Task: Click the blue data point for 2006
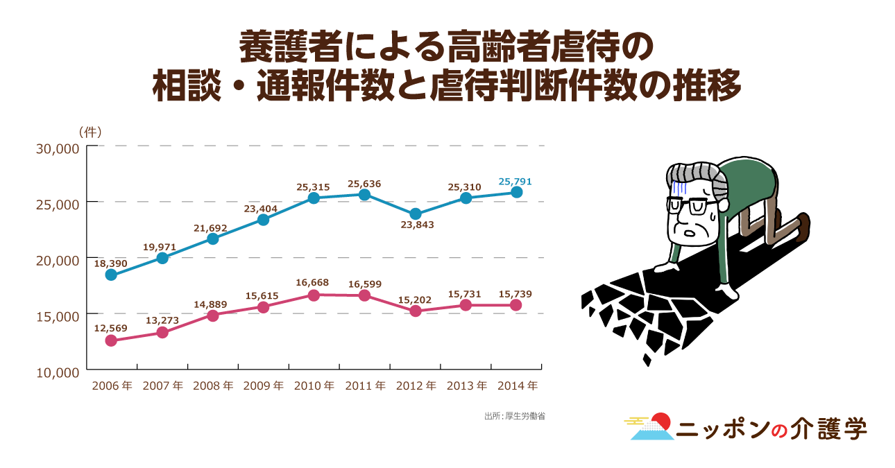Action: tap(111, 275)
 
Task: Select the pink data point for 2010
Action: tap(314, 295)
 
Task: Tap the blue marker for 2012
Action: tap(415, 214)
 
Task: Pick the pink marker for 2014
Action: tap(516, 305)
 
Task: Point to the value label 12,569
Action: tap(111, 327)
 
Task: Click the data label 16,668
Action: tap(312, 282)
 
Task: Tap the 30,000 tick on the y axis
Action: tap(60, 147)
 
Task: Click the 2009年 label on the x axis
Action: tap(263, 386)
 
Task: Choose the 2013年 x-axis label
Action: tap(466, 386)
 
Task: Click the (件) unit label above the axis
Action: tap(91, 132)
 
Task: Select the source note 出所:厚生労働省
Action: tap(514, 417)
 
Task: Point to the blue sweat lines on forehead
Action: tap(679, 186)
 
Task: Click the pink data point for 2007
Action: tap(162, 332)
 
